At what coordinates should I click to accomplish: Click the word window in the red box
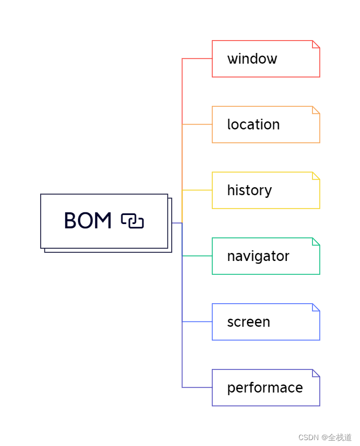tap(252, 59)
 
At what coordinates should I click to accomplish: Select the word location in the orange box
tap(253, 125)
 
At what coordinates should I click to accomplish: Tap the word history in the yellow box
tap(249, 190)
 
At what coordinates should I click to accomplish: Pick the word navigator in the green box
tap(258, 256)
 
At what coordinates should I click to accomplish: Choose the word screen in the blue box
tap(248, 322)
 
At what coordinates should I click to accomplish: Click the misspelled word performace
tap(265, 388)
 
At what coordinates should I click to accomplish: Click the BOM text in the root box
tap(88, 221)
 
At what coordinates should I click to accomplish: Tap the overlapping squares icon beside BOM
tap(132, 221)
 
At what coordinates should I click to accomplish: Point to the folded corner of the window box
tap(316, 44)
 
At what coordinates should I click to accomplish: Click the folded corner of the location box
tap(316, 110)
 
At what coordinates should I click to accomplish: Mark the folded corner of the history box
tap(316, 176)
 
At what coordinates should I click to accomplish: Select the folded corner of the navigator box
tap(316, 242)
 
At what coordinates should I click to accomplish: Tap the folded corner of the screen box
tap(316, 307)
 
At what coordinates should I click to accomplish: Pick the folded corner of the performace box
tap(316, 373)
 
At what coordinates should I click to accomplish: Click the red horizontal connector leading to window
tap(197, 58)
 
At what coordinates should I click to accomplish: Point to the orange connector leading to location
tap(197, 124)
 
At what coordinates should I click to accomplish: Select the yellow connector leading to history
tap(197, 190)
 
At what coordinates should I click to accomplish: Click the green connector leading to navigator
tap(197, 256)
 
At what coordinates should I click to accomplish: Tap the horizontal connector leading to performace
tap(197, 387)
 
